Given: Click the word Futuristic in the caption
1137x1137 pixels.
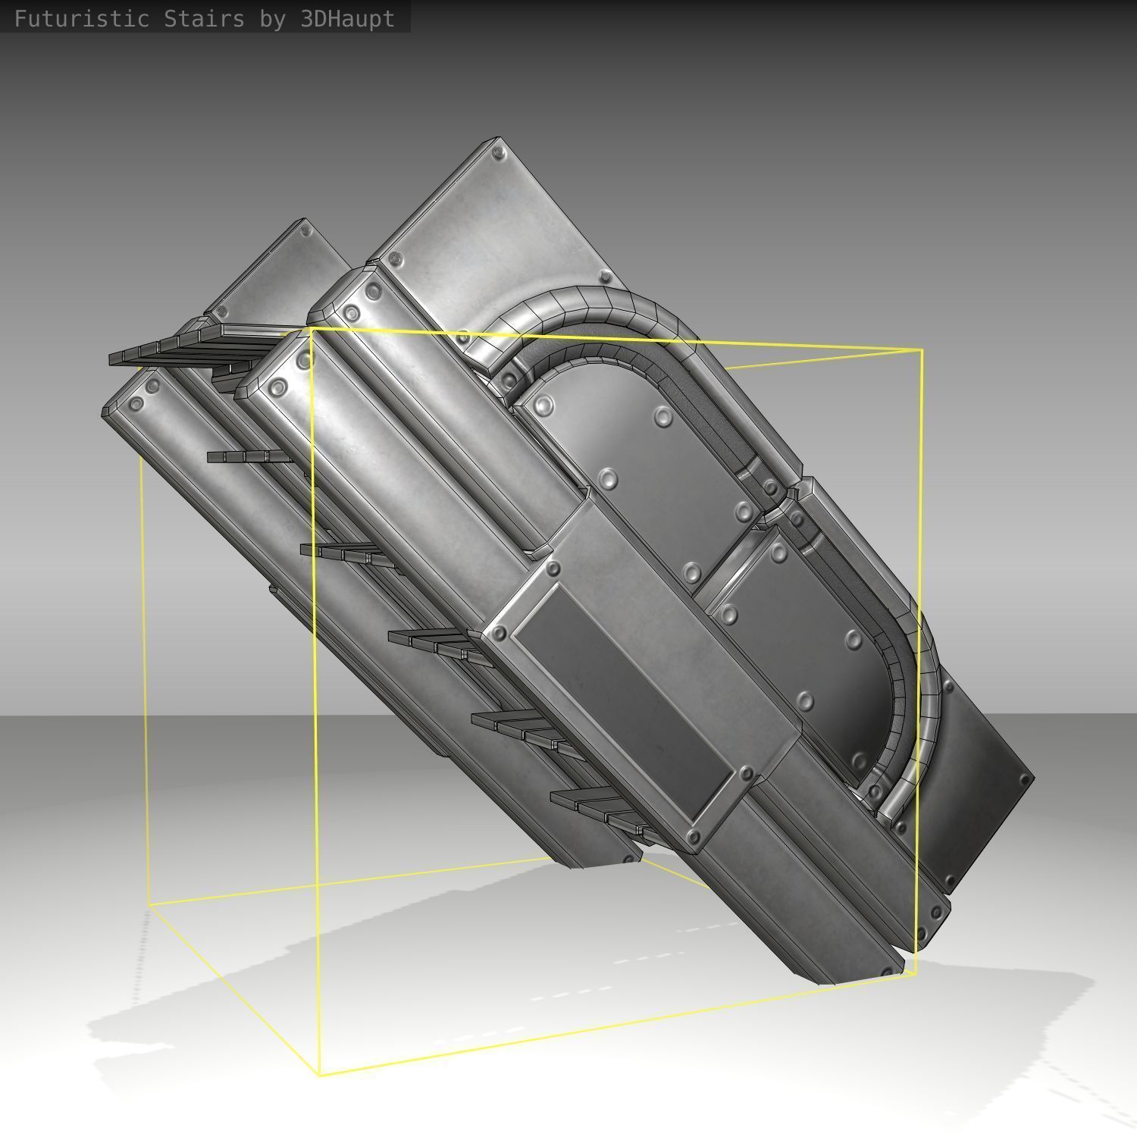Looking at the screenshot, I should pyautogui.click(x=81, y=18).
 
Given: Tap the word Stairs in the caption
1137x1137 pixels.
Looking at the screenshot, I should pyautogui.click(x=203, y=18).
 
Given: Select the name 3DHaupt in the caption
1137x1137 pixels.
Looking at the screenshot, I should pyautogui.click(x=347, y=18).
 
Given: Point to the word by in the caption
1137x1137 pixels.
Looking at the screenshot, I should pyautogui.click(x=271, y=18).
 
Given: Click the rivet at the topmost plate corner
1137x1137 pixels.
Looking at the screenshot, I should pyautogui.click(x=498, y=154).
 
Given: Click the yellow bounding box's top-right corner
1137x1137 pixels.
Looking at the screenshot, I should pyautogui.click(x=922, y=350).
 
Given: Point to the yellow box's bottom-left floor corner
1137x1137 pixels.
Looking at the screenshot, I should pyautogui.click(x=149, y=904).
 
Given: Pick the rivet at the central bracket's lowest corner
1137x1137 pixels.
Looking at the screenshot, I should pyautogui.click(x=692, y=837).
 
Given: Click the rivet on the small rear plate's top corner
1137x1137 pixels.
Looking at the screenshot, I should pyautogui.click(x=305, y=229).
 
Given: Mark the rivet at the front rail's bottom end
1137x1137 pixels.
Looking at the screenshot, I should pyautogui.click(x=887, y=971).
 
